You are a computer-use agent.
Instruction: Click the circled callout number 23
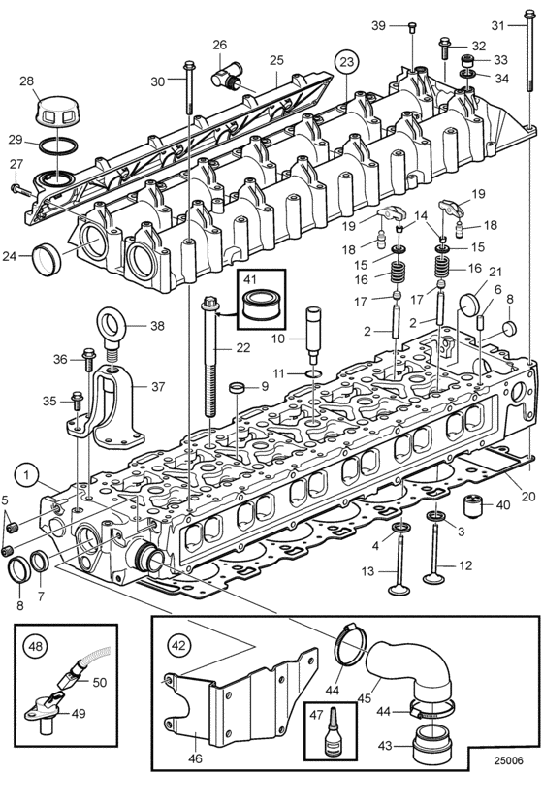tap(347, 62)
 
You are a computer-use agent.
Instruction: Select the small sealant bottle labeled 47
tap(327, 736)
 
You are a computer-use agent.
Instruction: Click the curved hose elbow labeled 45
tap(411, 668)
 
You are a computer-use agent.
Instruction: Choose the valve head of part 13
tap(399, 589)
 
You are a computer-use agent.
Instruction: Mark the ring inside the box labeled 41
tap(260, 305)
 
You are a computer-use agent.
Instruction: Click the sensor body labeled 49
tap(45, 709)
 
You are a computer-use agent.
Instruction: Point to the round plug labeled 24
tap(47, 260)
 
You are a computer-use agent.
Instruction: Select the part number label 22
tap(243, 348)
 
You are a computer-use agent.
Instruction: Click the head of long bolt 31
tap(530, 15)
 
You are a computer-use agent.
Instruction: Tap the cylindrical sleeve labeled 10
tap(313, 335)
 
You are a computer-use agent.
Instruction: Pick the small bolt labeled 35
tap(78, 402)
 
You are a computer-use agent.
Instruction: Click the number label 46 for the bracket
tap(195, 758)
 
